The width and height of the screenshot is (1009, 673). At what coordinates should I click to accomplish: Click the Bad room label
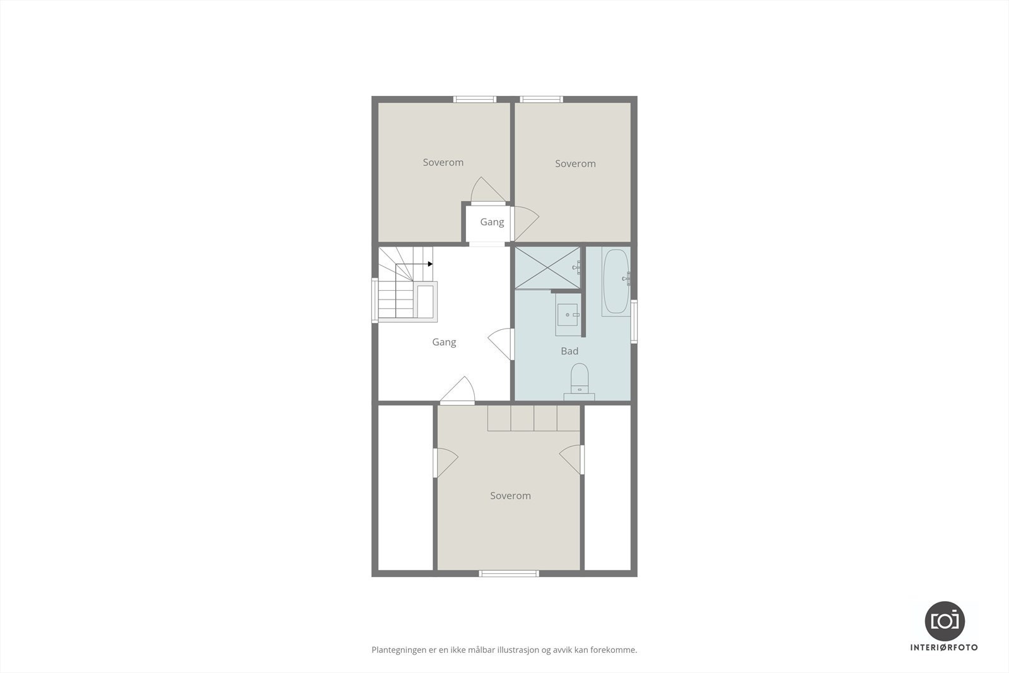tap(569, 351)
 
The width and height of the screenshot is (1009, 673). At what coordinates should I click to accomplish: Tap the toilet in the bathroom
tap(579, 378)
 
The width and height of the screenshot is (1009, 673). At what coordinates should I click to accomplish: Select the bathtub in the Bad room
tap(615, 281)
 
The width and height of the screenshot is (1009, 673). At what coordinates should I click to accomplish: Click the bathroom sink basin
tap(570, 313)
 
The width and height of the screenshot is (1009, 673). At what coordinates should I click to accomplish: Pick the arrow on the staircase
tap(429, 264)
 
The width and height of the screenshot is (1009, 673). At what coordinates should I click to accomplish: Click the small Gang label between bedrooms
tap(492, 222)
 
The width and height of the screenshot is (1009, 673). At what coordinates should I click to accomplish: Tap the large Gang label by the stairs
tap(444, 342)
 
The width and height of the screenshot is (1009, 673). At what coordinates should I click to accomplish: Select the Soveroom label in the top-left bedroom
tap(443, 162)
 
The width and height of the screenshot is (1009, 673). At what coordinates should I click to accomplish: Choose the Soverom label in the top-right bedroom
tap(575, 163)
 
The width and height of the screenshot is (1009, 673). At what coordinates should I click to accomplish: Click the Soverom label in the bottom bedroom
tap(510, 496)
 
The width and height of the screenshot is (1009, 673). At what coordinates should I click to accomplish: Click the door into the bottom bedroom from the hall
tap(457, 391)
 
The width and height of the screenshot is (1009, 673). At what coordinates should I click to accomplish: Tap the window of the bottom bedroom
tap(509, 573)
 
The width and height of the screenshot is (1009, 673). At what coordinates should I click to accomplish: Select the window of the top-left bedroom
tap(475, 99)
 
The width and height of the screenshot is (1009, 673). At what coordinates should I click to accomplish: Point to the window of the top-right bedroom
tap(541, 99)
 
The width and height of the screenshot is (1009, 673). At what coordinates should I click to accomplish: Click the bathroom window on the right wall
tap(634, 322)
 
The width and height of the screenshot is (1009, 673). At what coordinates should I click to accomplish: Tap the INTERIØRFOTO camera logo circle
tap(945, 621)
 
